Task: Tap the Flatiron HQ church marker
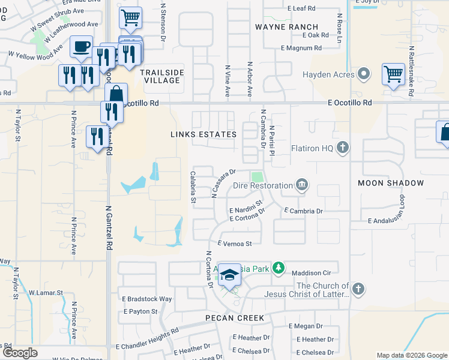tap(343, 148)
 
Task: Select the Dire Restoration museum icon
tap(301, 185)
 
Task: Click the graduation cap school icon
tap(229, 276)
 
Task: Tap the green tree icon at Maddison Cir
tap(278, 268)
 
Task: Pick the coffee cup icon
tap(81, 46)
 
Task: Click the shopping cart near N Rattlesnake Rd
tap(393, 75)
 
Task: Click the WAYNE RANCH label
tap(286, 27)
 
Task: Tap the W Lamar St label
tap(46, 292)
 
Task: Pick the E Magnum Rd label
tap(305, 48)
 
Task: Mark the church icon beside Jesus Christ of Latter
tap(358, 290)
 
